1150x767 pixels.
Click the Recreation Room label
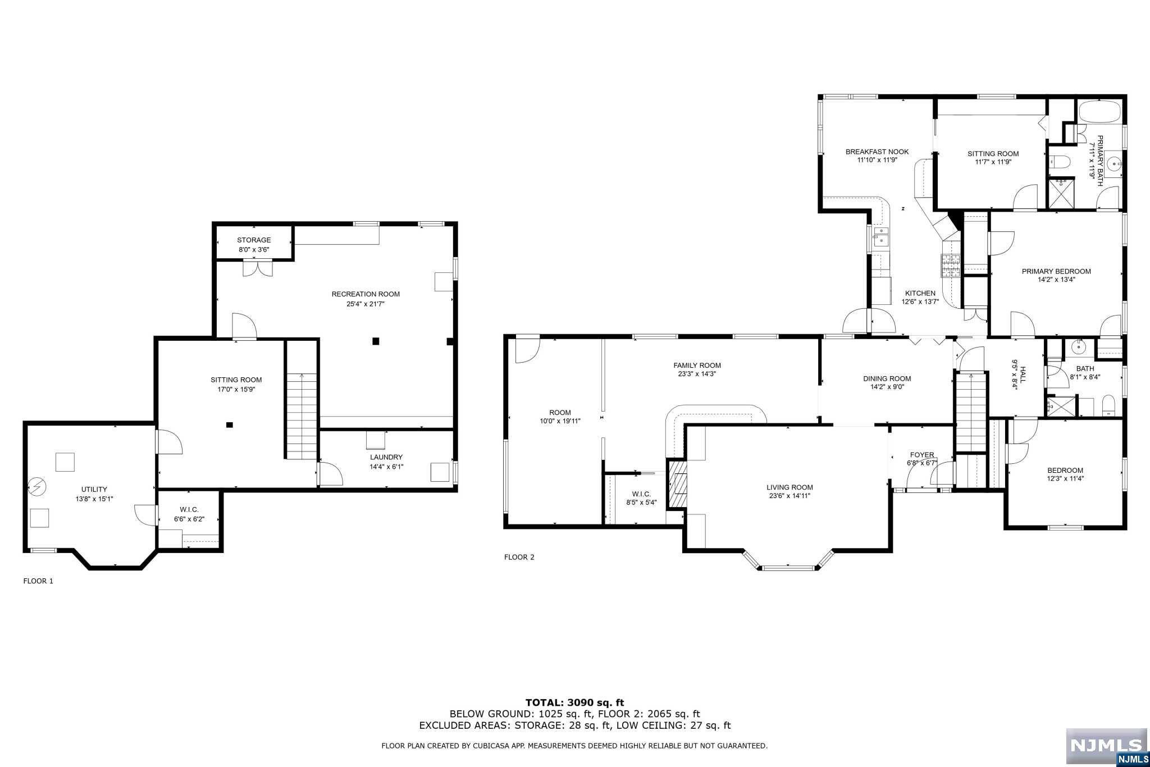click(x=366, y=294)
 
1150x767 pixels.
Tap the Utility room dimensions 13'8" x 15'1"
click(x=94, y=499)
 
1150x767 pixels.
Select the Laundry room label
click(x=386, y=457)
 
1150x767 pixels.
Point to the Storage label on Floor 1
click(x=254, y=240)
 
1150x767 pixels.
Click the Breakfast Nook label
click(x=877, y=152)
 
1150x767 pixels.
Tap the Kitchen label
click(x=920, y=293)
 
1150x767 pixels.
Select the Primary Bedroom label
click(x=1056, y=272)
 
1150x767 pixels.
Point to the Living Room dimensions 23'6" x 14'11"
click(x=790, y=496)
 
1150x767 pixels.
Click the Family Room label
click(x=697, y=366)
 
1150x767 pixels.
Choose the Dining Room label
click(x=887, y=379)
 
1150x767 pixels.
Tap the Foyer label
click(x=922, y=455)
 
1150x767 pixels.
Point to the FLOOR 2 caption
click(x=519, y=558)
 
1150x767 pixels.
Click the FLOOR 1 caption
click(x=38, y=581)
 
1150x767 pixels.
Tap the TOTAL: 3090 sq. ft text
click(x=574, y=702)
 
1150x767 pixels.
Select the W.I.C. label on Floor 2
click(x=641, y=494)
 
